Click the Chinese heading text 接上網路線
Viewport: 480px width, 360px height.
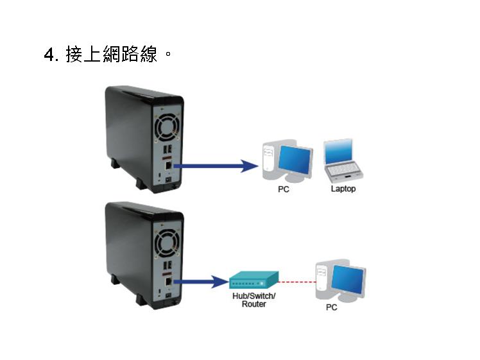click(112, 54)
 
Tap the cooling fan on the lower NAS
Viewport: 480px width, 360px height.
click(167, 243)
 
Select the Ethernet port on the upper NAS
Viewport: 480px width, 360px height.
click(168, 166)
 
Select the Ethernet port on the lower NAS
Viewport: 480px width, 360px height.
click(168, 281)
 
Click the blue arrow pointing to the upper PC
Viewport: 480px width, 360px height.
click(216, 166)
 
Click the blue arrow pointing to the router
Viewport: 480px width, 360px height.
click(201, 282)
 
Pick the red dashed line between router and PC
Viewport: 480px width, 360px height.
click(297, 282)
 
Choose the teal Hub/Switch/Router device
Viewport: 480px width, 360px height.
click(254, 280)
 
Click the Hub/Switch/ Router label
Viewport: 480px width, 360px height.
click(253, 300)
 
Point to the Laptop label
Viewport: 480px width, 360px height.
click(343, 189)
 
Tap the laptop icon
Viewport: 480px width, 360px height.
click(343, 161)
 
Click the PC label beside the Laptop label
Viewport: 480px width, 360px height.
click(284, 189)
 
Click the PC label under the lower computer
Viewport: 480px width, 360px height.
click(332, 307)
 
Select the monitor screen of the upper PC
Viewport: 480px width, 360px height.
click(295, 160)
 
